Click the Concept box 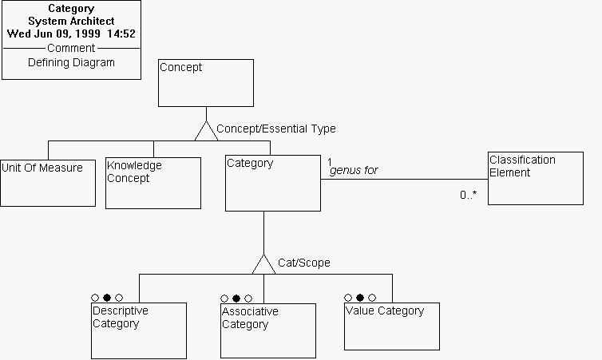tap(205, 83)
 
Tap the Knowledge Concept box tap(152, 183)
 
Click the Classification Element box tap(535, 178)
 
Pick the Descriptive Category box tap(138, 330)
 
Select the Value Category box tap(391, 326)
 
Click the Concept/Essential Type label tap(275, 129)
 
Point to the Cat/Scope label tap(303, 263)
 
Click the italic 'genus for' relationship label tap(354, 171)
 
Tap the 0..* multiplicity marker tap(468, 194)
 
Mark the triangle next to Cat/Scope tap(263, 263)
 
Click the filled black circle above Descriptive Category tap(107, 298)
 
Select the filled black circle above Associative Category tap(236, 299)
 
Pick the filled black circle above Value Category tap(360, 298)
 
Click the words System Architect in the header tap(71, 22)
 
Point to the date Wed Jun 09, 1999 tap(48, 34)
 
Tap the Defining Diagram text tap(71, 62)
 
